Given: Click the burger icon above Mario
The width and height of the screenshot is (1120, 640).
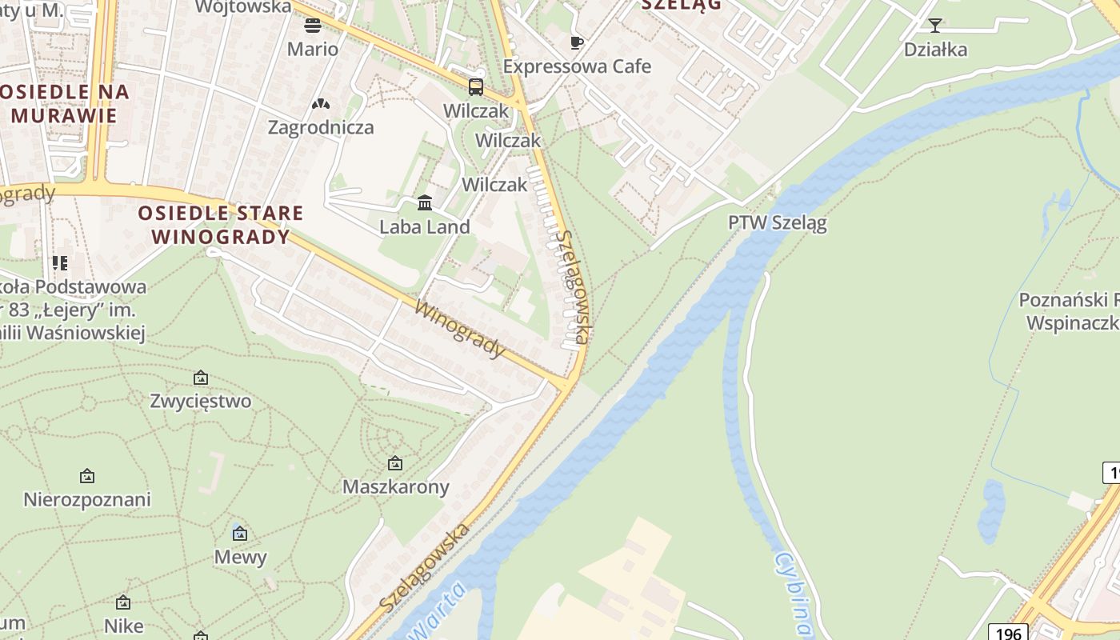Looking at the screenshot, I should coord(313,26).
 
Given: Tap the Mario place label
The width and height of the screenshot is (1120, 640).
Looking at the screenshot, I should coord(313,49).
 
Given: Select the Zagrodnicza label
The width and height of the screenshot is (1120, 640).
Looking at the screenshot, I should coord(321,127).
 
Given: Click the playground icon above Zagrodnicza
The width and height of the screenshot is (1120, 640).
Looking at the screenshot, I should coord(321,104).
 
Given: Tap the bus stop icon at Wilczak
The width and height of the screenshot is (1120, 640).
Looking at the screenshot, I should coord(476,87).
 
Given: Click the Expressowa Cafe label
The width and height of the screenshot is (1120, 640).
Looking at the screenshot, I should coord(577,66).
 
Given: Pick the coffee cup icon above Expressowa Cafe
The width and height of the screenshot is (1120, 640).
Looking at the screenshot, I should coord(577,42).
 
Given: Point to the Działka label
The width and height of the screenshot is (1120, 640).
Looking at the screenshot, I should coord(935,50).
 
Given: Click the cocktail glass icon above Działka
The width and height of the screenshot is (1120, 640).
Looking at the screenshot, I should coord(935,26).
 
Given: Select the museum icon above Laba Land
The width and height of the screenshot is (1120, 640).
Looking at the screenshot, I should coord(425,203).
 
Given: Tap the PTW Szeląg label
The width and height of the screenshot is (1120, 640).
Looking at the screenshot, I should coord(777,222).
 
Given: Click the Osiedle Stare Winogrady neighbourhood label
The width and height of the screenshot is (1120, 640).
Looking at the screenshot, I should coord(221,225).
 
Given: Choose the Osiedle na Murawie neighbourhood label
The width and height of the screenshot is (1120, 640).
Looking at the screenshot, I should coord(65,103).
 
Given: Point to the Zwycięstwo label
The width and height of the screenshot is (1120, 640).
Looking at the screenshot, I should coord(201,401).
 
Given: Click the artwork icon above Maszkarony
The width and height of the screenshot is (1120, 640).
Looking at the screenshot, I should coord(395,463).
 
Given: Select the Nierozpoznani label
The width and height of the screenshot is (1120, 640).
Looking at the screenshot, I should coord(87,500).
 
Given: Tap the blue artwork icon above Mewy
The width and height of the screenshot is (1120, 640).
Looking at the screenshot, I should coord(240,534).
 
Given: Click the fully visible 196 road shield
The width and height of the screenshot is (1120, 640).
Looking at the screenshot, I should coord(1008,633).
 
